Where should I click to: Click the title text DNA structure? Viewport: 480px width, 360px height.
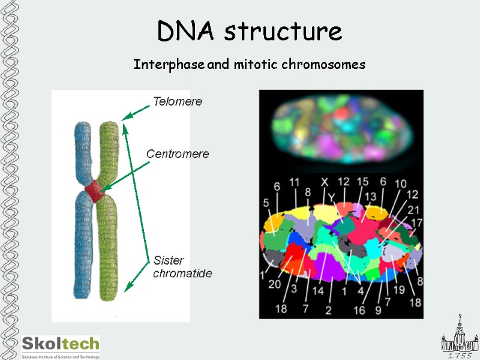click(x=250, y=31)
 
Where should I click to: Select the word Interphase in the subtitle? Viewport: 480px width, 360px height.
click(x=169, y=64)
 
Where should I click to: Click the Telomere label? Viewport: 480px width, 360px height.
click(x=177, y=101)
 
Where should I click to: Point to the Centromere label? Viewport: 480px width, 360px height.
click(x=178, y=154)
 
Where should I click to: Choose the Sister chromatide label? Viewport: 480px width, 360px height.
click(x=182, y=267)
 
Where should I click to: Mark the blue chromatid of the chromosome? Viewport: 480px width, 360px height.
click(x=83, y=240)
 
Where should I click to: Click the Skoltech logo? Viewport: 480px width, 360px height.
click(x=60, y=346)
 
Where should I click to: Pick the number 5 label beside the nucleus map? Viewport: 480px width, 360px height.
click(x=266, y=203)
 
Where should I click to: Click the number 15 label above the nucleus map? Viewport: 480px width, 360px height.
click(x=362, y=181)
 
